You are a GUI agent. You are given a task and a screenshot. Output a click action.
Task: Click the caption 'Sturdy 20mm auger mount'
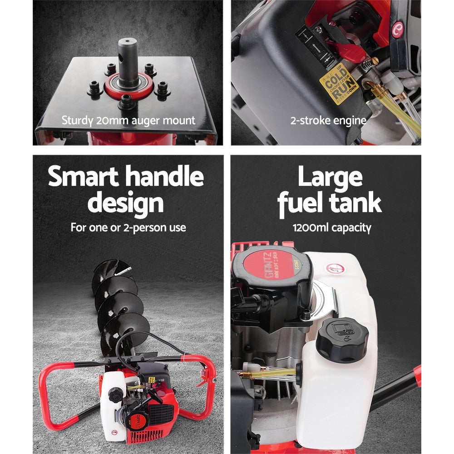point(128,121)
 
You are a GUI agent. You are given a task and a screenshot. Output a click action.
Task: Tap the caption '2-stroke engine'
point(328,121)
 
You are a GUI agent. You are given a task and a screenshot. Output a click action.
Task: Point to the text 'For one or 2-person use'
point(128,227)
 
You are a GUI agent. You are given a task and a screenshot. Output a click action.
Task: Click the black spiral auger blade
point(118,304)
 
